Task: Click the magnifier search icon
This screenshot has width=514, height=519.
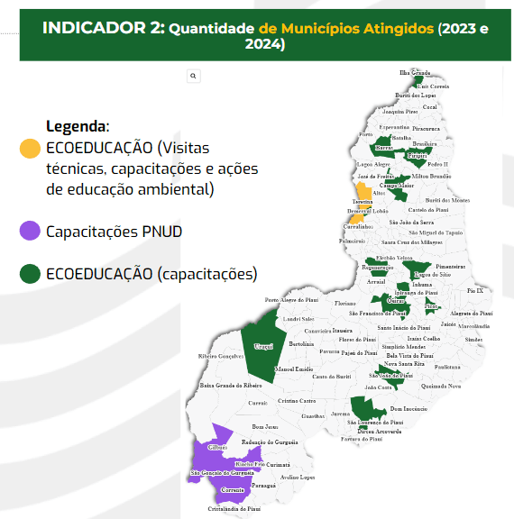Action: point(193,77)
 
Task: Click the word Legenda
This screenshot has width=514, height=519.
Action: point(77,126)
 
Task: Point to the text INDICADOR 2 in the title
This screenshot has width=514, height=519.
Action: point(104,28)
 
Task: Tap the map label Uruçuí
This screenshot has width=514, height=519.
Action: point(262,346)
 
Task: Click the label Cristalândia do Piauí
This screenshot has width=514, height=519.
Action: point(234,508)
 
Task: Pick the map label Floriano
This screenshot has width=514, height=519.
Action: point(345,304)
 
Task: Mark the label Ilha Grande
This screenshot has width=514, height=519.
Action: point(415,72)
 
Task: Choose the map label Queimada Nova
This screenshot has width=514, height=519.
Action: point(441,386)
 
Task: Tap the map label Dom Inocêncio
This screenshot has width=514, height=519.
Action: point(408,408)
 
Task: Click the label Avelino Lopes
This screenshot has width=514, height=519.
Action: point(297,477)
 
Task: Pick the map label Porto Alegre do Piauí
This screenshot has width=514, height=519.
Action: point(289,300)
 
